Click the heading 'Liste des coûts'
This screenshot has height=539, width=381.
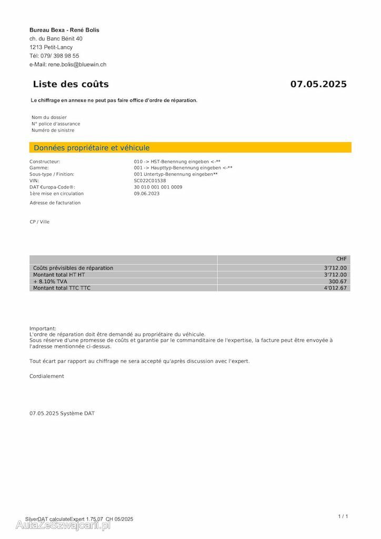71,84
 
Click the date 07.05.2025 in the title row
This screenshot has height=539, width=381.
318,84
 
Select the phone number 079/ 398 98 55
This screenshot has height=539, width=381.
59,56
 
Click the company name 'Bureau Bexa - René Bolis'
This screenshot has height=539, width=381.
64,30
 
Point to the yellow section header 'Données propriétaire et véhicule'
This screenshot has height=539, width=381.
92,148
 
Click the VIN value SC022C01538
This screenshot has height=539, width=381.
150,181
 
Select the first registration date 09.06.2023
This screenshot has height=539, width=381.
147,193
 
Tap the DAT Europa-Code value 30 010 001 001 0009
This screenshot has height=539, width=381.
158,187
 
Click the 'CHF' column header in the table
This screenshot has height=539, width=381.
342,259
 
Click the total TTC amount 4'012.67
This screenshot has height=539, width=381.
336,288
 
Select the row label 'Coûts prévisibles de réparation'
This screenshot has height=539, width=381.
73,268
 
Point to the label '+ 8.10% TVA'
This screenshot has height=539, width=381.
50,282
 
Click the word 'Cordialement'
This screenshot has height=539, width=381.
47,376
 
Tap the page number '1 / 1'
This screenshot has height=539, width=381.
343,516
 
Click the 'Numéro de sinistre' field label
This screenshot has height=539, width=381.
53,130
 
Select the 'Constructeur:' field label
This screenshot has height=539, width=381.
45,162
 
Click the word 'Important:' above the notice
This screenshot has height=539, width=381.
43,328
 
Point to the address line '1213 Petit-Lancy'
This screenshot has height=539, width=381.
51,47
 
